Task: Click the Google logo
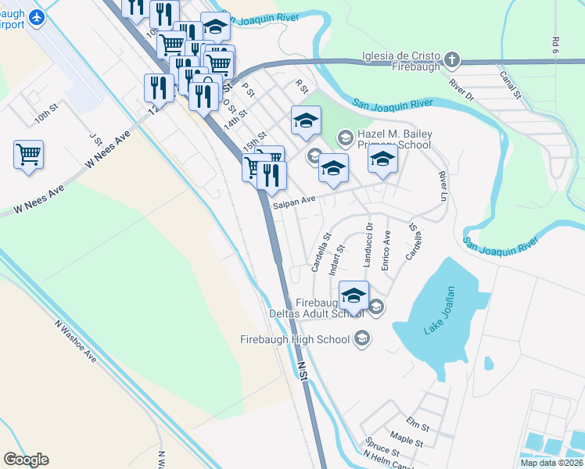tap(27, 460)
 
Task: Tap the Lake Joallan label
tap(440, 311)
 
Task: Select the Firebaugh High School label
tap(296, 339)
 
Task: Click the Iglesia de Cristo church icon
tap(452, 60)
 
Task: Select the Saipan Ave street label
tap(294, 201)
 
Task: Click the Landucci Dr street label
tap(367, 245)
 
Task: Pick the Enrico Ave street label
tap(386, 251)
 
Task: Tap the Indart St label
tap(338, 260)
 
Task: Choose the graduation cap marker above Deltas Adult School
tap(354, 295)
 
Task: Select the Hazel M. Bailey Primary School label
tap(394, 139)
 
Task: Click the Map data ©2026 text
tap(551, 463)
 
